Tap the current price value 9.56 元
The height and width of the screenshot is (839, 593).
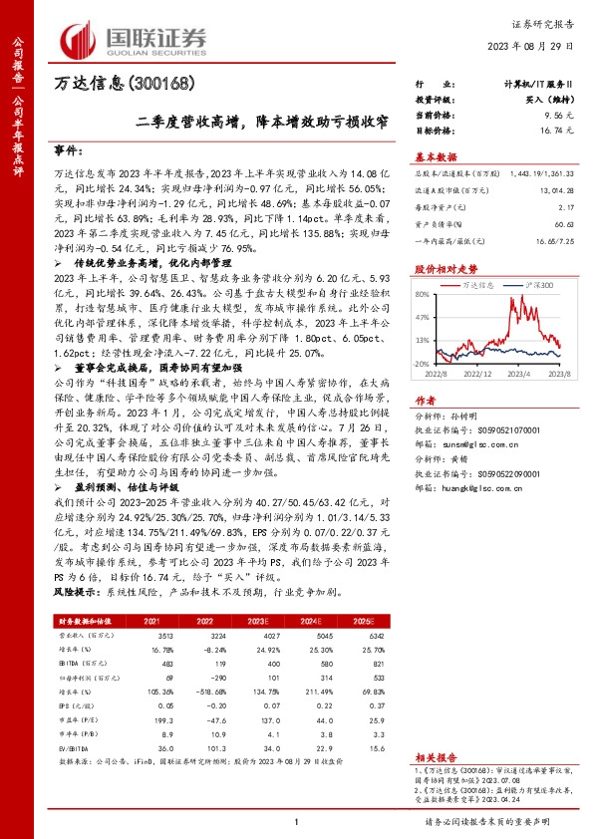click(544, 117)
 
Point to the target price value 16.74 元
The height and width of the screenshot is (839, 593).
click(541, 130)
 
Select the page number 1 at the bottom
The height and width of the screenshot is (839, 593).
click(296, 821)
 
